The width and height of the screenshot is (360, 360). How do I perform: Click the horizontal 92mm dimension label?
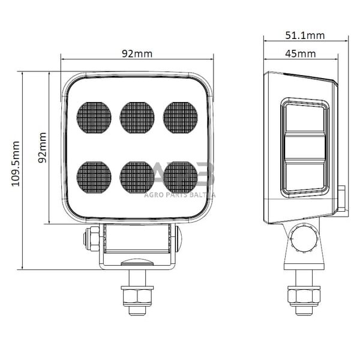(x=137, y=53)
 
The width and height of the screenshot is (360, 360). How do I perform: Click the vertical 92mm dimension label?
(x=42, y=148)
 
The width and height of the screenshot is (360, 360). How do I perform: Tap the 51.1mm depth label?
(x=304, y=35)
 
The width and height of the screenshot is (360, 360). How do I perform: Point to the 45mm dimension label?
(x=300, y=54)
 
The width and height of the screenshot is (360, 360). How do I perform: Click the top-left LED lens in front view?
(x=94, y=117)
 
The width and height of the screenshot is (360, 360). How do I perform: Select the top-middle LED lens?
(x=137, y=117)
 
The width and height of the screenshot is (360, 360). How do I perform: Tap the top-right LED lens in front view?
(x=181, y=117)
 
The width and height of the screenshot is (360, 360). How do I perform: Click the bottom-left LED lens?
(x=94, y=177)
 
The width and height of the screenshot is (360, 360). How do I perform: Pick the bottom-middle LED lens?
(x=137, y=177)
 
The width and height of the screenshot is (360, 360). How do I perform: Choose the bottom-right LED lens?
(x=181, y=177)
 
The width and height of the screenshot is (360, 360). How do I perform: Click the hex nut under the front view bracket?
(x=137, y=296)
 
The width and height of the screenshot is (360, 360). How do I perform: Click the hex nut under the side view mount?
(x=304, y=295)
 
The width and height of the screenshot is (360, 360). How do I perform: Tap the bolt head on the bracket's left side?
(x=92, y=239)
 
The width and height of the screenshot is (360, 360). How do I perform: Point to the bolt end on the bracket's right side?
(x=179, y=239)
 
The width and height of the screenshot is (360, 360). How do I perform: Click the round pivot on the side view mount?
(x=304, y=238)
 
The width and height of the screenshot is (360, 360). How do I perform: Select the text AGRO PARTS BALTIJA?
(x=180, y=194)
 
